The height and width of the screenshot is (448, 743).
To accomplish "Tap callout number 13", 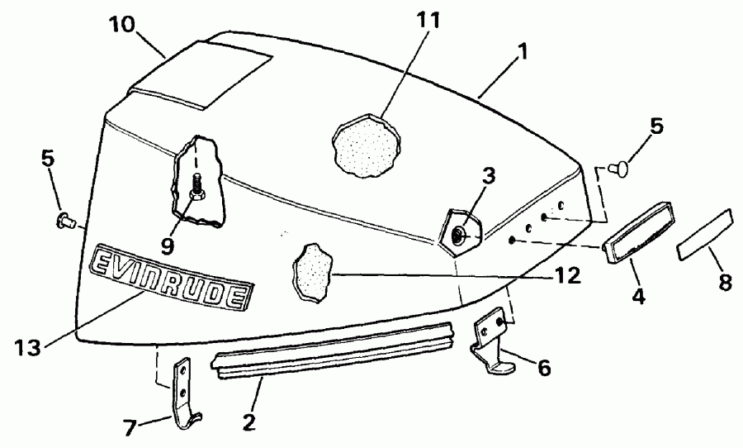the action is pyautogui.click(x=27, y=347).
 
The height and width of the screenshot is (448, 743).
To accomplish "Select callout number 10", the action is pyautogui.click(x=122, y=24).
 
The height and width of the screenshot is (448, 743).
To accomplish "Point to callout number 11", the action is pyautogui.click(x=428, y=20).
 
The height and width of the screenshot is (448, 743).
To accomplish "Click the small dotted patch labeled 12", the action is pyautogui.click(x=313, y=272).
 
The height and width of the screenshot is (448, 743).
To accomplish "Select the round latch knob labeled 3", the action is pyautogui.click(x=460, y=232).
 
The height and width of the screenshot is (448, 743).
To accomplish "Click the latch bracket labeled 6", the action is pyautogui.click(x=492, y=340).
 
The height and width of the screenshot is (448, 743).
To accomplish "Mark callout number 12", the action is pyautogui.click(x=566, y=274).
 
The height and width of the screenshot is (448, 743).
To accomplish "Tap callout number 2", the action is pyautogui.click(x=248, y=422).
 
